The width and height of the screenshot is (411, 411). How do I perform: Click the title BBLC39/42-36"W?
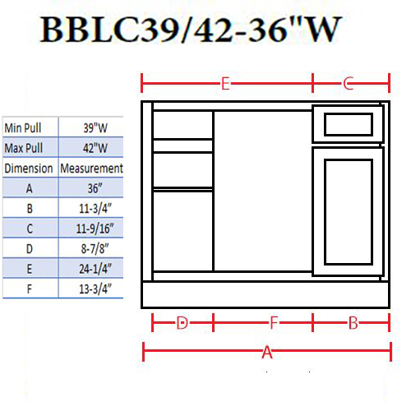(191, 29)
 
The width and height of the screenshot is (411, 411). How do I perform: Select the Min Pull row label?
(23, 128)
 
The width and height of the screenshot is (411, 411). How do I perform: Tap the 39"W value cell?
(95, 128)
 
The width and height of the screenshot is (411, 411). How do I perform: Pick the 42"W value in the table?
(95, 148)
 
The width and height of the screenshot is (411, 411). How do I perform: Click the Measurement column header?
(91, 169)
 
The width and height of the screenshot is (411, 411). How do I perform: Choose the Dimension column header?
(29, 169)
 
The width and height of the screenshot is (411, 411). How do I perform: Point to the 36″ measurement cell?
(95, 188)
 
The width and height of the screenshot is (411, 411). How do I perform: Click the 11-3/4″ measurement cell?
(95, 209)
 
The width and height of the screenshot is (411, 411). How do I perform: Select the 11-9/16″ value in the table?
(95, 229)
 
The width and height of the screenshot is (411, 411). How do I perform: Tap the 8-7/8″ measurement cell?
(95, 248)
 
